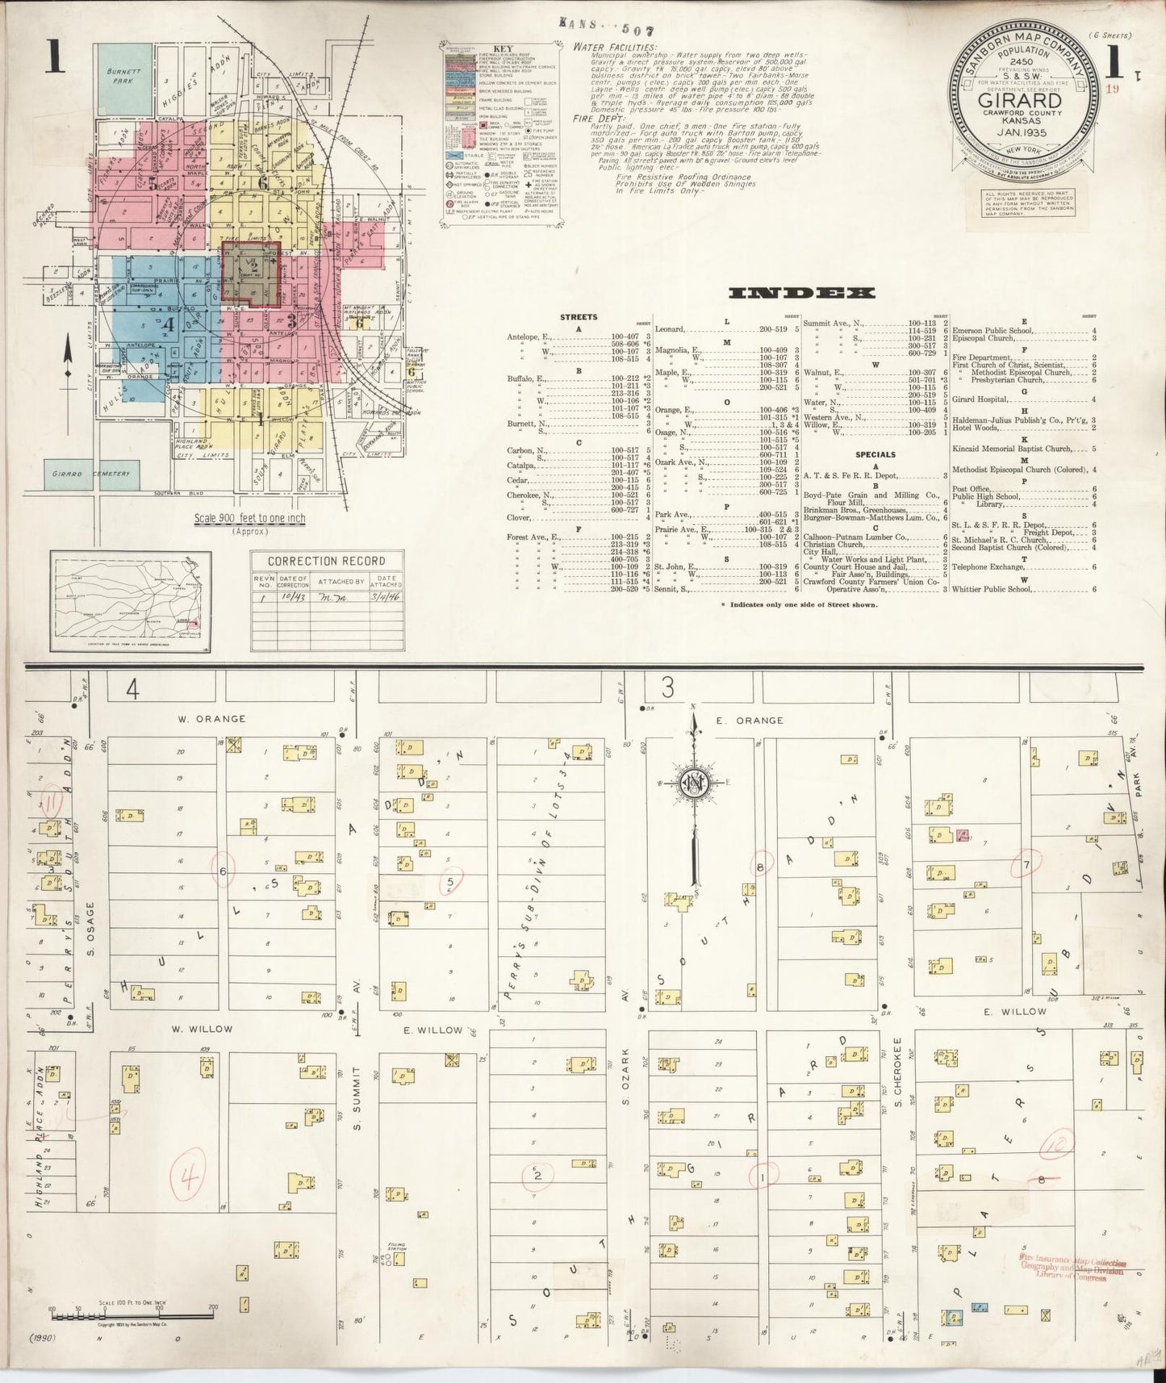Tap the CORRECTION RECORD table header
click(x=326, y=561)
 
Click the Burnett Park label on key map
click(x=124, y=76)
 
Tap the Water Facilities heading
click(x=616, y=47)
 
